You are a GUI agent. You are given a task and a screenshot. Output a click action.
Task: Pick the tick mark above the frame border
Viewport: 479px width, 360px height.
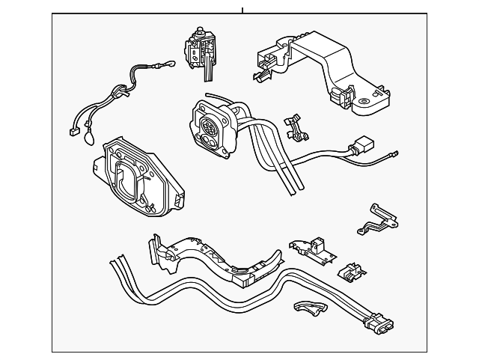coord(242,10)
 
